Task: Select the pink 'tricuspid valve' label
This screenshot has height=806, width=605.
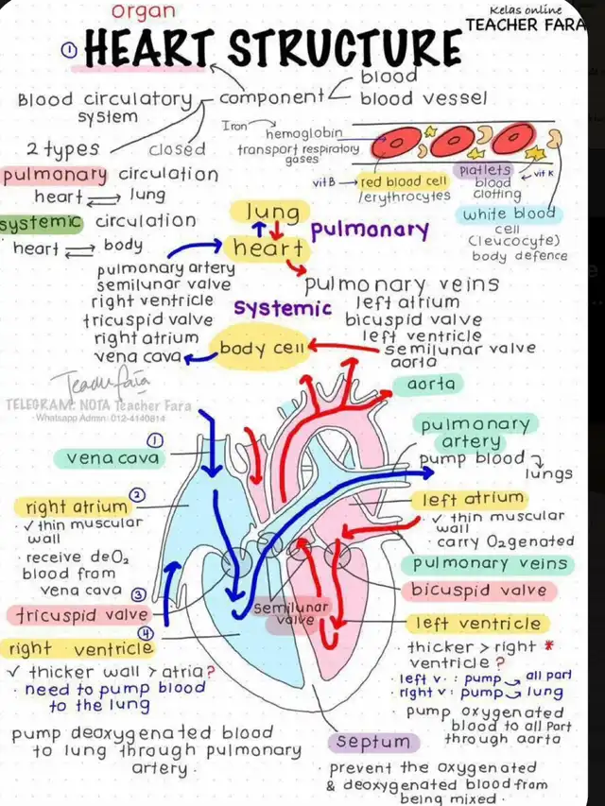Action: [80, 614]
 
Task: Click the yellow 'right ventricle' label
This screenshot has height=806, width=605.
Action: [80, 649]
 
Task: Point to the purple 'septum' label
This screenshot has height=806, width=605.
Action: [373, 742]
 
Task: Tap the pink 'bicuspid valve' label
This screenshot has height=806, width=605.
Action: [478, 591]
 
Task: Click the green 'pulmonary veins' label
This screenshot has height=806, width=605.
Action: [489, 564]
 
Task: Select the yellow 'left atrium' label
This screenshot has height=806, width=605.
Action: [473, 499]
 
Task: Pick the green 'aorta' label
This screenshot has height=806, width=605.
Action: [430, 385]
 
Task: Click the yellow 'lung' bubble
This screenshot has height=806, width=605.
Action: [272, 212]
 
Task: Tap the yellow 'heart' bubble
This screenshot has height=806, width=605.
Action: [268, 249]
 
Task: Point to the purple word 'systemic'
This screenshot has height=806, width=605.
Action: [283, 309]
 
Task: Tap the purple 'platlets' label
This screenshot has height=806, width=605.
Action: [484, 170]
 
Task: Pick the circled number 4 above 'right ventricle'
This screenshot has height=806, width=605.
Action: [145, 632]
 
